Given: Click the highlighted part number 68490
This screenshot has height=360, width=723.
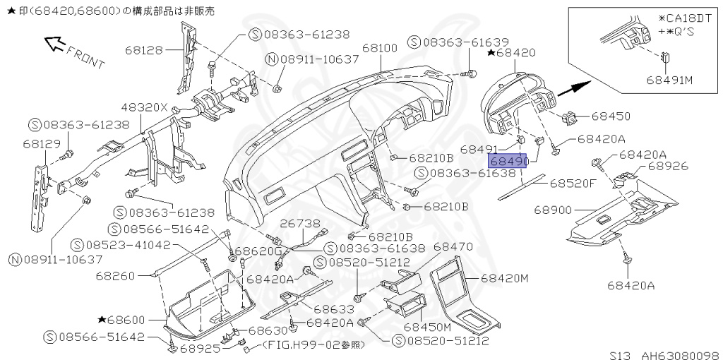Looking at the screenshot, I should tap(509, 162).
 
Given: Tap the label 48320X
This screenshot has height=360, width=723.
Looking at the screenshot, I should tap(144, 108).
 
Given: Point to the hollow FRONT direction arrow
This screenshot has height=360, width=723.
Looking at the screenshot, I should tap(54, 44).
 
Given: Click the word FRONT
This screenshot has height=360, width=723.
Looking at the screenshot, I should tap(85, 57).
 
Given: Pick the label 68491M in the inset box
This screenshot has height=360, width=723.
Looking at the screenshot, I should tap(669, 79).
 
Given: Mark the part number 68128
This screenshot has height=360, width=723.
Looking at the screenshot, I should tap(145, 50).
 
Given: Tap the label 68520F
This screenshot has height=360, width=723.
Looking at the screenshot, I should tap(573, 183).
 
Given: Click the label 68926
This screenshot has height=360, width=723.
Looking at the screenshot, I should tap(667, 167).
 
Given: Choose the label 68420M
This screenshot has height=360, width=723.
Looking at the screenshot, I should tap(505, 278).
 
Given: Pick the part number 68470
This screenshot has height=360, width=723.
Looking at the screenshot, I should tap(453, 247).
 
